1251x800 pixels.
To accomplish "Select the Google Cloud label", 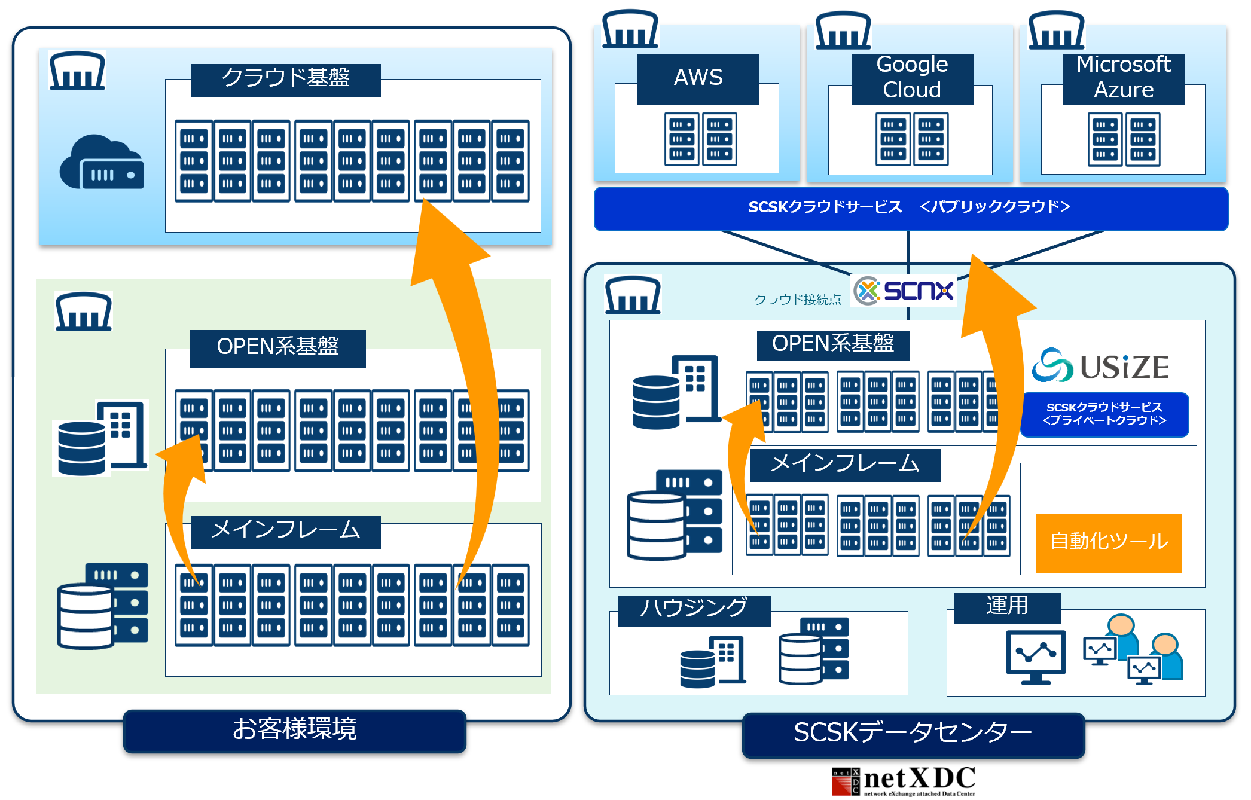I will (912, 78).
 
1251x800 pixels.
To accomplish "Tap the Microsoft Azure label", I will (1124, 78).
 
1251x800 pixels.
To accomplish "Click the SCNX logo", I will (904, 291).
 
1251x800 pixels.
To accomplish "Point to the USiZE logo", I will (1100, 366).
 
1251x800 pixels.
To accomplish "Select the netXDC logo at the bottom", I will (903, 781).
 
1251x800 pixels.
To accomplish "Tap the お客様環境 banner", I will (294, 730).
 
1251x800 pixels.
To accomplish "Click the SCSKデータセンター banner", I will (913, 734).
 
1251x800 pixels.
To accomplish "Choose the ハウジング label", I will (694, 609).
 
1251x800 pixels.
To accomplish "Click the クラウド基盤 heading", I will (285, 79).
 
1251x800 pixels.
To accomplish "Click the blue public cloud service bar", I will (910, 207).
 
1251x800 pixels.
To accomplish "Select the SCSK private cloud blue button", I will (1104, 414).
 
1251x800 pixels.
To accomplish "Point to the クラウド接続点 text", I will (797, 300).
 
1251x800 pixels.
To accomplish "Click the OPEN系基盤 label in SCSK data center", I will (833, 344).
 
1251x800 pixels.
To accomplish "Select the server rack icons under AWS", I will (700, 139).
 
